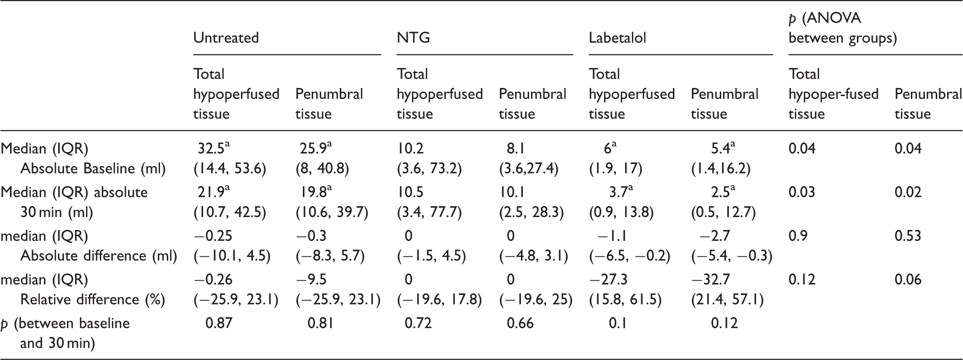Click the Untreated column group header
pos(226,38)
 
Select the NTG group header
pos(413,38)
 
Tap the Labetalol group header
pos(617,38)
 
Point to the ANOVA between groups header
pos(843,28)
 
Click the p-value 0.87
pos(218,323)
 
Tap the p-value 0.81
pos(321,323)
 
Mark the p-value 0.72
pos(418,323)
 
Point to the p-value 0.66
pos(520,323)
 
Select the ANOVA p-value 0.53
pos(908,236)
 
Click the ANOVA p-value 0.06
pos(908,280)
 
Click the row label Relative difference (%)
pos(92,300)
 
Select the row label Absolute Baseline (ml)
pos(93,169)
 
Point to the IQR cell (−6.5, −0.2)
pos(629,256)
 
